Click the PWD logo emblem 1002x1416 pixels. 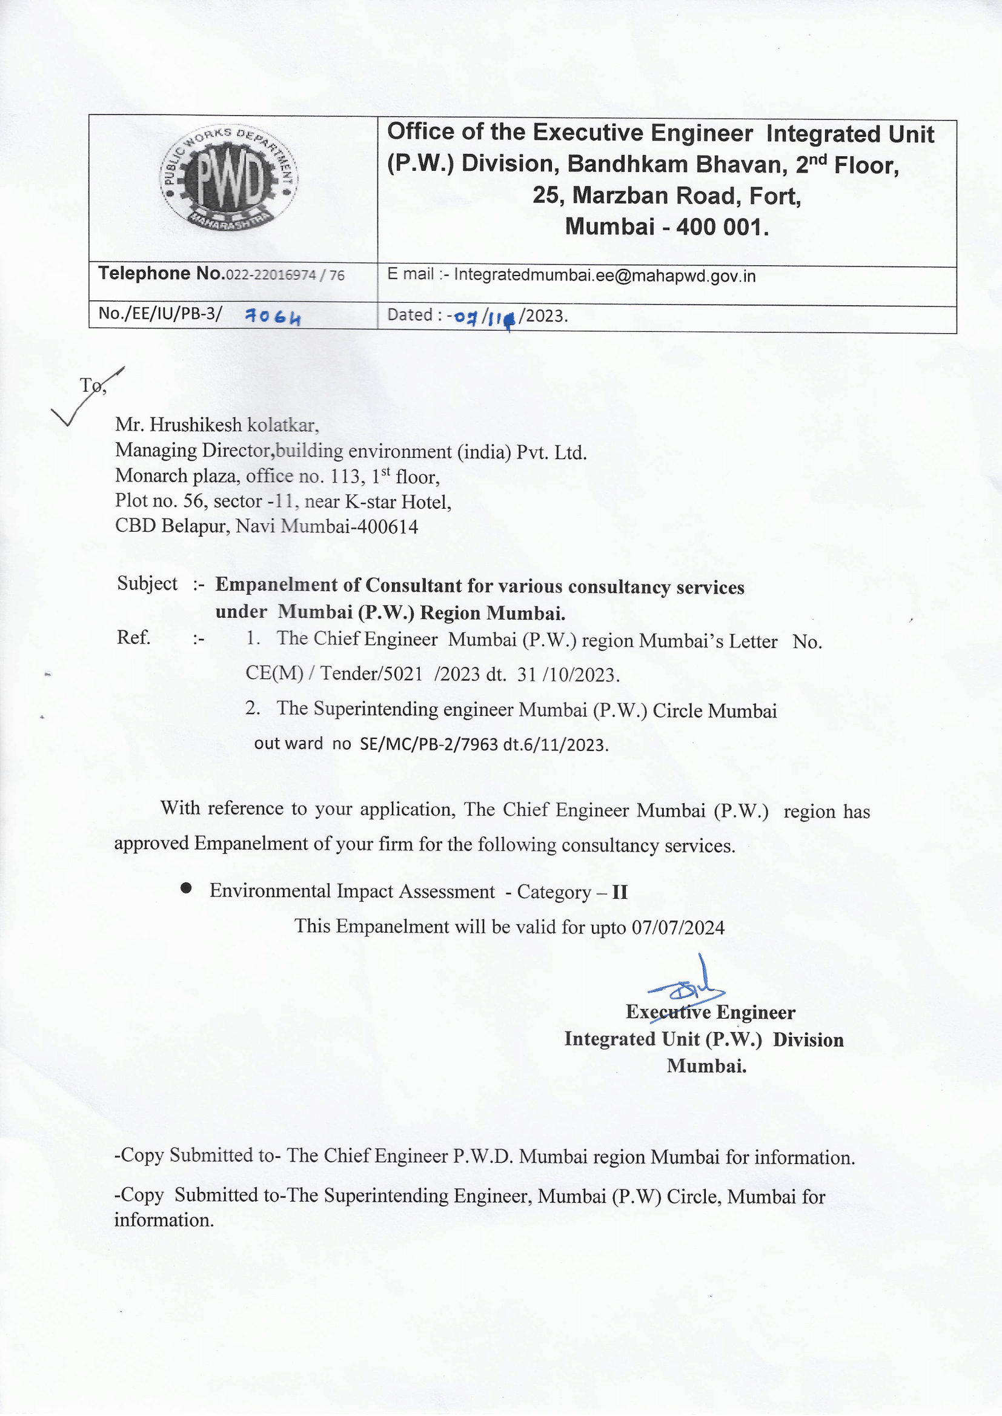228,179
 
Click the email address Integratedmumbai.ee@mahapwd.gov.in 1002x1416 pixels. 605,276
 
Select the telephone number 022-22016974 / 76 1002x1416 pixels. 285,275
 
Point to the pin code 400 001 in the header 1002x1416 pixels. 722,227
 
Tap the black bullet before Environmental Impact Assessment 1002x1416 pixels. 186,888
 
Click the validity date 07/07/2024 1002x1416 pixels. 677,928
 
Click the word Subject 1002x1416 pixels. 147,583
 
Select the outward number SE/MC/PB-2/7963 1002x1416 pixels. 428,745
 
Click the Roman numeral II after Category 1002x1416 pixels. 620,892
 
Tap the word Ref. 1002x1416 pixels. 134,637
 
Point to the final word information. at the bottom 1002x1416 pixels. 164,1220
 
